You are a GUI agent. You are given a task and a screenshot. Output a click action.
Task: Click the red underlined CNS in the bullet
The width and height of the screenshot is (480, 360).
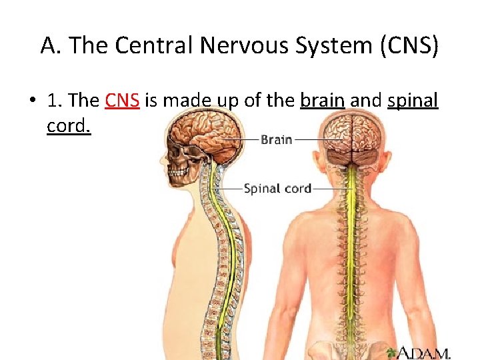coord(121,101)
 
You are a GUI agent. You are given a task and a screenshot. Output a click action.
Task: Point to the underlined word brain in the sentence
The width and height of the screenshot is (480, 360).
coord(322,101)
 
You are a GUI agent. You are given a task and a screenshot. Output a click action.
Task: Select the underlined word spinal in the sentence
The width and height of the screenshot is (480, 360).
coord(412,101)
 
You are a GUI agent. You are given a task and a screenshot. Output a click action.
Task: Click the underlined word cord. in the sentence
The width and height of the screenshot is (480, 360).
coord(68,125)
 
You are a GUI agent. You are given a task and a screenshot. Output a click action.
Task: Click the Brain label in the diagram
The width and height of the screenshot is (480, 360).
coord(276,140)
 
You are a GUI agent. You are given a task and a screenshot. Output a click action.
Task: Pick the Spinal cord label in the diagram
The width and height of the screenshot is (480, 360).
coord(277,189)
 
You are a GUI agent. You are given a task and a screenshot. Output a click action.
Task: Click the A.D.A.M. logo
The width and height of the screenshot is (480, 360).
coord(423,351)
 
